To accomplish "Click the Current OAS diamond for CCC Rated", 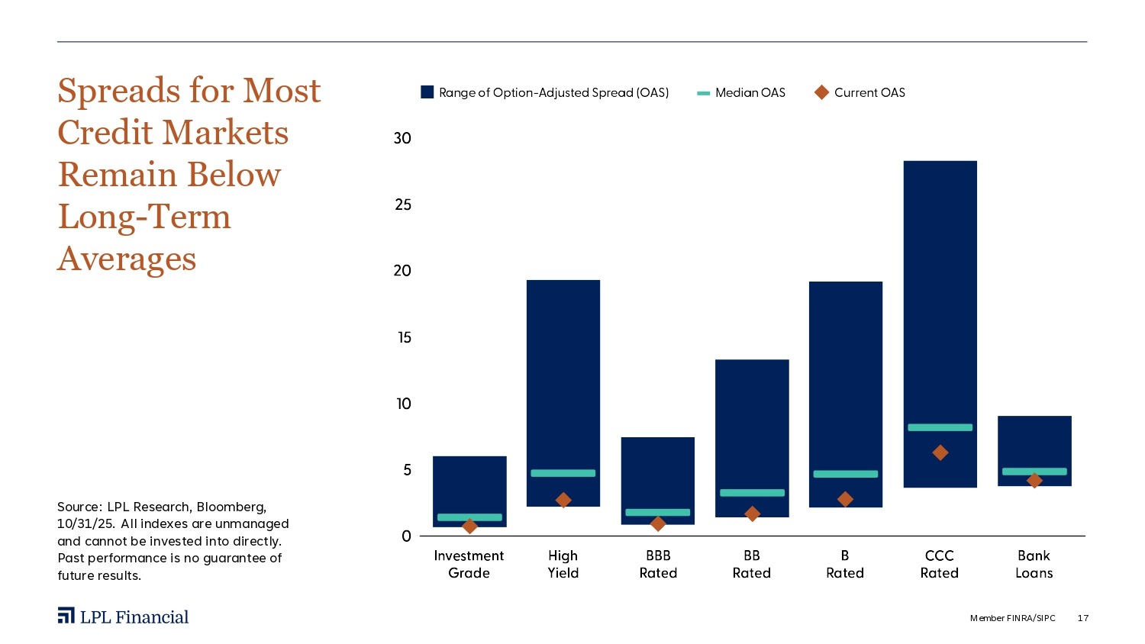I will coord(940,452).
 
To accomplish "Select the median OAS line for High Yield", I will coord(563,473).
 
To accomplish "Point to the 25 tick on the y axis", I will coord(402,204).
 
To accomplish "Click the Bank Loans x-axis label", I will coord(1034,564).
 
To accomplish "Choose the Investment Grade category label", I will coord(469,564).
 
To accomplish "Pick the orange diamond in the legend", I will coord(821,92).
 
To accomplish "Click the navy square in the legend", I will coord(427,92).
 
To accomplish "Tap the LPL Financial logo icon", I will coord(66,616).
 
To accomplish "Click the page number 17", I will coord(1082,618).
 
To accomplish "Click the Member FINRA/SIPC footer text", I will coord(1012,618).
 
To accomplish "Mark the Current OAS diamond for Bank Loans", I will coord(1034,481).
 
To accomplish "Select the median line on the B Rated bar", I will coord(845,474).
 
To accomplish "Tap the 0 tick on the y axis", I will coord(406,536).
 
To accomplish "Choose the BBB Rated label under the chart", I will coord(658,564).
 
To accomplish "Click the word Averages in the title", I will coord(127,259).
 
